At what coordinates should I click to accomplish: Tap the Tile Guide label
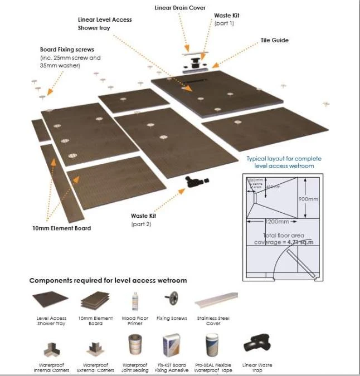click(x=275, y=40)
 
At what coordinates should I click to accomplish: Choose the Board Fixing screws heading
click(x=63, y=50)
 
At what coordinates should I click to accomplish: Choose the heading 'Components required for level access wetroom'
click(x=108, y=280)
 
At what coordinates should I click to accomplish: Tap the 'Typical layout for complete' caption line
click(x=284, y=159)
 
